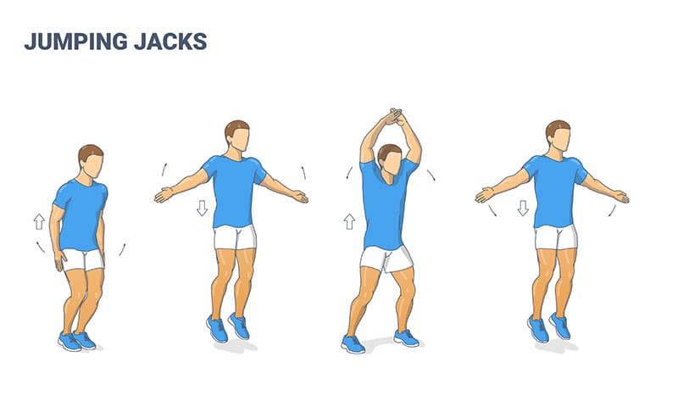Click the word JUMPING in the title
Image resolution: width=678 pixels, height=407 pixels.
coord(76,42)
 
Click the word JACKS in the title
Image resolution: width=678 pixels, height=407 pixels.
coord(170,42)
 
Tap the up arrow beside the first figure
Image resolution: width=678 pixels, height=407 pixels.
coord(39,221)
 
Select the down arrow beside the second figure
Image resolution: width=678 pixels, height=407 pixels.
coord(202,208)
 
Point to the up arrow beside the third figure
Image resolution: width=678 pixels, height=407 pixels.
coord(349,221)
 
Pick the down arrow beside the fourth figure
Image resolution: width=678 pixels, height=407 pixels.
coord(523,208)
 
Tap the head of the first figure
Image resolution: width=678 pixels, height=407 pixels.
coord(92,161)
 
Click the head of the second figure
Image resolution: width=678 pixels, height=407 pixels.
coord(237,137)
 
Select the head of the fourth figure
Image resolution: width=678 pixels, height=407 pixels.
coord(559,137)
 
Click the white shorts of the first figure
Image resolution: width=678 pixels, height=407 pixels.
coord(83,259)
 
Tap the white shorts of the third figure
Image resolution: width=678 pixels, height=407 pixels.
coord(386,259)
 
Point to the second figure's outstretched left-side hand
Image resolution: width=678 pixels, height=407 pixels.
coord(164,195)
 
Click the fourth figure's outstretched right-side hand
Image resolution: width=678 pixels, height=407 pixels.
coord(620,197)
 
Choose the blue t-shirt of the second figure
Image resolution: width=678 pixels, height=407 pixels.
coord(235,191)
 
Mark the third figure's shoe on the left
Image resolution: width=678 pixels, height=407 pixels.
coord(353,344)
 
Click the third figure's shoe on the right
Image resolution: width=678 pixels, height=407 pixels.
coord(406,337)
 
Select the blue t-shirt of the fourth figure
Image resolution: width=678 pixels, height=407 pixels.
coord(556,191)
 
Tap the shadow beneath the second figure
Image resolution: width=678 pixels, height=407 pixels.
coord(236,347)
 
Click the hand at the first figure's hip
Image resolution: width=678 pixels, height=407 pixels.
coord(58,260)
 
